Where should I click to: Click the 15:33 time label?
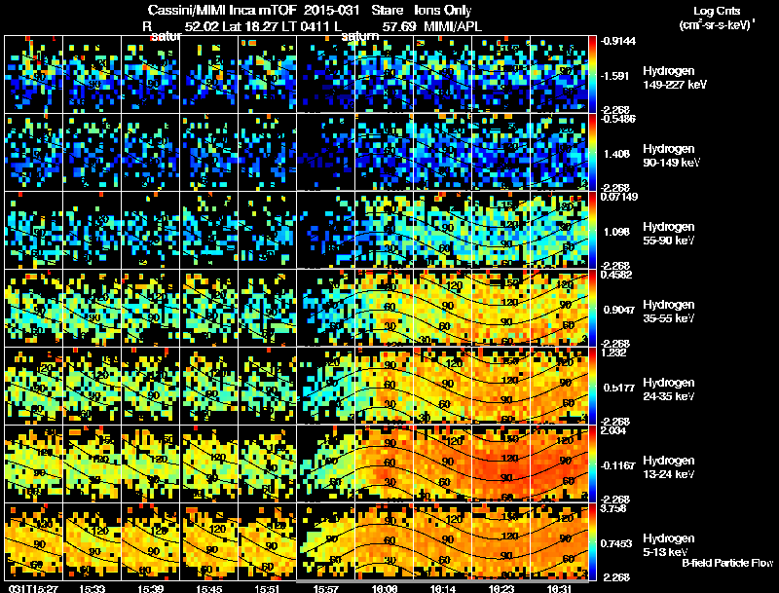pyautogui.click(x=94, y=588)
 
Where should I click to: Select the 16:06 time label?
pyautogui.click(x=383, y=588)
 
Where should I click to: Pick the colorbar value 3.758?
pyautogui.click(x=616, y=508)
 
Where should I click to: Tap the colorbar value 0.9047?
pyautogui.click(x=619, y=309)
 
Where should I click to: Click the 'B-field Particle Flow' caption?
pyautogui.click(x=726, y=564)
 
